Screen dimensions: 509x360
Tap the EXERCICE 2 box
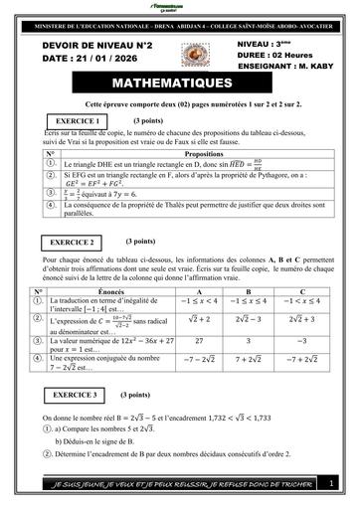click(74, 242)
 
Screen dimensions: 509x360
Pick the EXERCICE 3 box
click(74, 396)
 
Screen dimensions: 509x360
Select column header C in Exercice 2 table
click(301, 291)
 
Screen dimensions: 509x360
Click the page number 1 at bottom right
click(330, 482)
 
